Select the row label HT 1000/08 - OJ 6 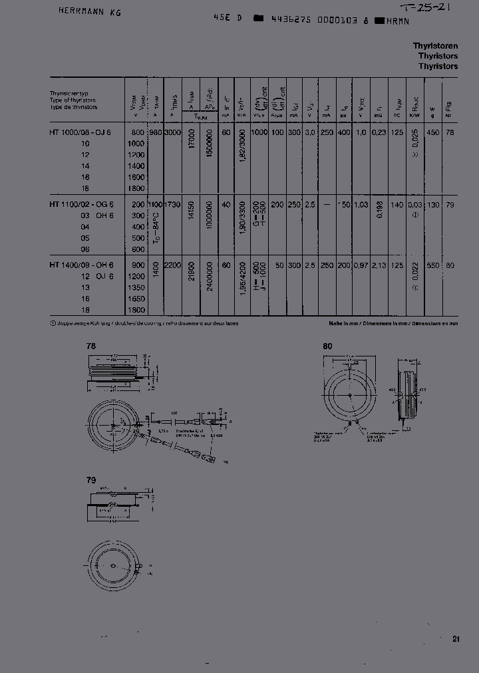(x=81, y=132)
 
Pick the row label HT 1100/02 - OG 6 (x=81, y=205)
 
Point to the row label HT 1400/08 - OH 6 (x=81, y=265)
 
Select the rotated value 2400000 (x=210, y=279)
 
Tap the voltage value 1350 (x=135, y=288)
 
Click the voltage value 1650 (x=135, y=299)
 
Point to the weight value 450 (x=432, y=132)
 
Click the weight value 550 (x=432, y=265)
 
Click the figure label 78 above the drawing (x=91, y=346)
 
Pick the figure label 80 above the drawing (x=327, y=346)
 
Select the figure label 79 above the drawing (x=91, y=479)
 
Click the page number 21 (x=456, y=639)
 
